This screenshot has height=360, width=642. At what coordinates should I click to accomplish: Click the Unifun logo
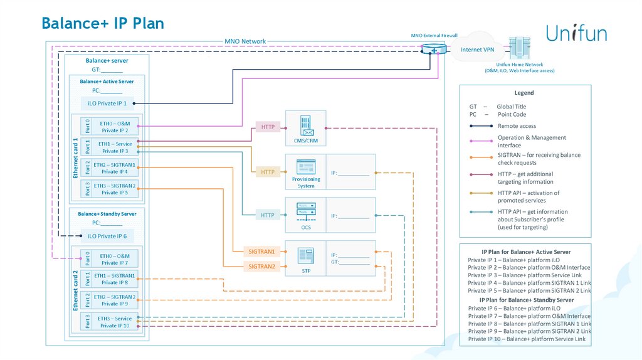576,33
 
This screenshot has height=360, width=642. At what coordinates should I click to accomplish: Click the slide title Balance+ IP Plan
103,23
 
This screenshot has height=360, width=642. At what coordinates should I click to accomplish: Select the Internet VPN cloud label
477,50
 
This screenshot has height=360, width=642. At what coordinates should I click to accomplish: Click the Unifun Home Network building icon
518,48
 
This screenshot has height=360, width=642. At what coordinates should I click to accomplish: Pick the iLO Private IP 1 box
107,103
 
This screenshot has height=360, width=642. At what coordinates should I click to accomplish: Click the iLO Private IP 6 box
107,236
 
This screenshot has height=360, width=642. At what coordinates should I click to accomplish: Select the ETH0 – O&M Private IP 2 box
115,127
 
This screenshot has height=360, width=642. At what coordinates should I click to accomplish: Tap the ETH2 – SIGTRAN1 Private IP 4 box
115,168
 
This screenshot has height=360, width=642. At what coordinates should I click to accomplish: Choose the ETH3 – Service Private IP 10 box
115,322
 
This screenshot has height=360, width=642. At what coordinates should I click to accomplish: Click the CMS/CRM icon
306,125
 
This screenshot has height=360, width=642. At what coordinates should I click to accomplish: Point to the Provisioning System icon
306,167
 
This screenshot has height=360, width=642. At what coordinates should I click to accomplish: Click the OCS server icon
306,210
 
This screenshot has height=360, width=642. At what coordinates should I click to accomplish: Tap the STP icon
306,255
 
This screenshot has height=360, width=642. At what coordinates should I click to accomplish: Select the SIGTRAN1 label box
262,251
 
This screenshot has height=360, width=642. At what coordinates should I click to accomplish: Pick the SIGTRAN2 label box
262,267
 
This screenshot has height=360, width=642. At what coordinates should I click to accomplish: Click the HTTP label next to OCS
268,215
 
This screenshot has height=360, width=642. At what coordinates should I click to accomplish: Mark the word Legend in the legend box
524,93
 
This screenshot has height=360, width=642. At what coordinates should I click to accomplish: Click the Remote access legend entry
517,126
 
